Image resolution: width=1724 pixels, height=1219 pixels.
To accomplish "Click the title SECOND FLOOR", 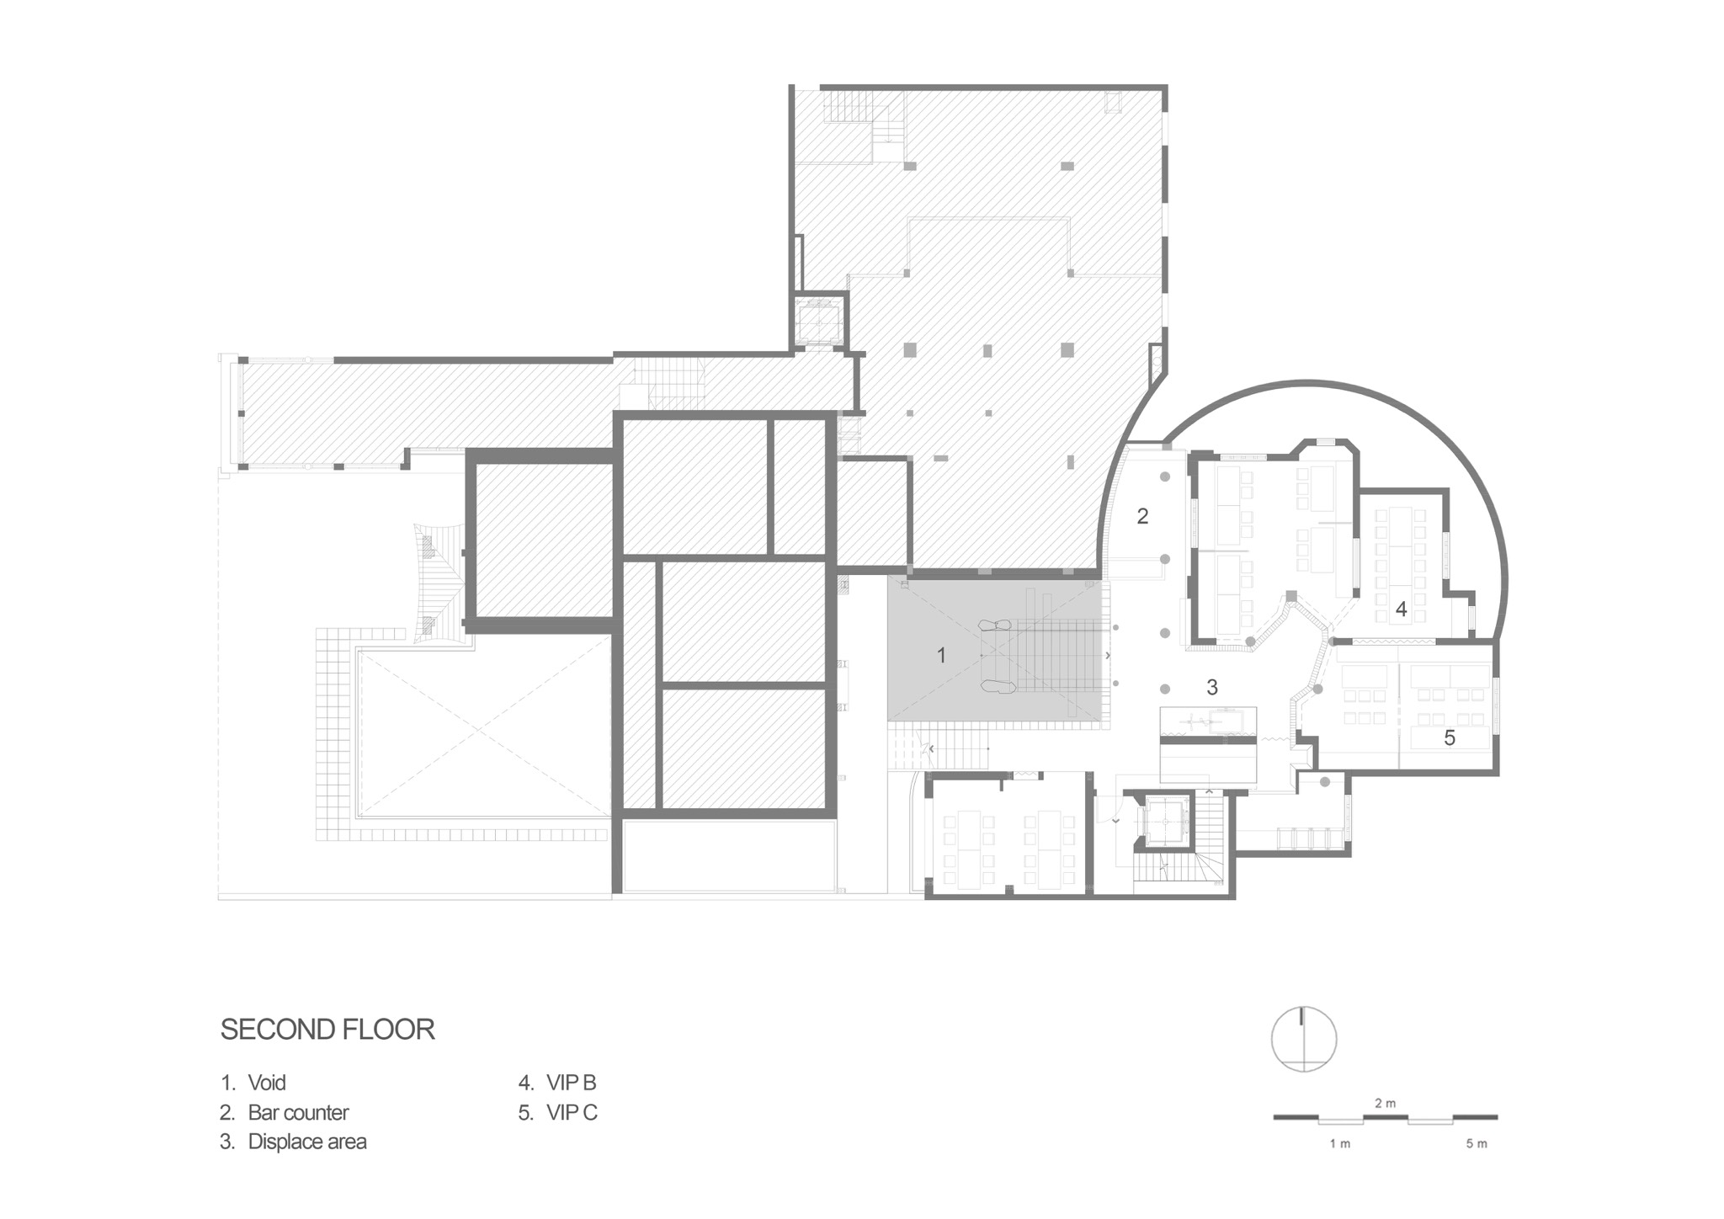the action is [x=327, y=1030].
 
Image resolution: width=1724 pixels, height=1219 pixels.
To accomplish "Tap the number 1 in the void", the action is [x=941, y=655].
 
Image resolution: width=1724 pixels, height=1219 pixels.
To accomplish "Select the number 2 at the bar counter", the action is [x=1142, y=516].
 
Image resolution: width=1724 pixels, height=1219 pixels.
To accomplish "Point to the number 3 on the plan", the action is [x=1212, y=688].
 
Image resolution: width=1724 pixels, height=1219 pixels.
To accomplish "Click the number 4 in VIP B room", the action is [x=1402, y=609].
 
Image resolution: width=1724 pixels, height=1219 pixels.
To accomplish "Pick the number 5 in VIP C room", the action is [x=1450, y=738].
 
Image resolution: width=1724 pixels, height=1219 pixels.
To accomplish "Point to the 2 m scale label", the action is [x=1386, y=1103].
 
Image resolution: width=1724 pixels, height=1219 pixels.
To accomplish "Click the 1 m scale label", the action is [x=1340, y=1144].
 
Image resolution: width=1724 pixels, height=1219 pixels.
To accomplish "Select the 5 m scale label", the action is [x=1477, y=1144].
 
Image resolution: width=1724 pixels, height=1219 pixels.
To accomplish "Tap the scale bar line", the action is [x=1386, y=1119].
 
